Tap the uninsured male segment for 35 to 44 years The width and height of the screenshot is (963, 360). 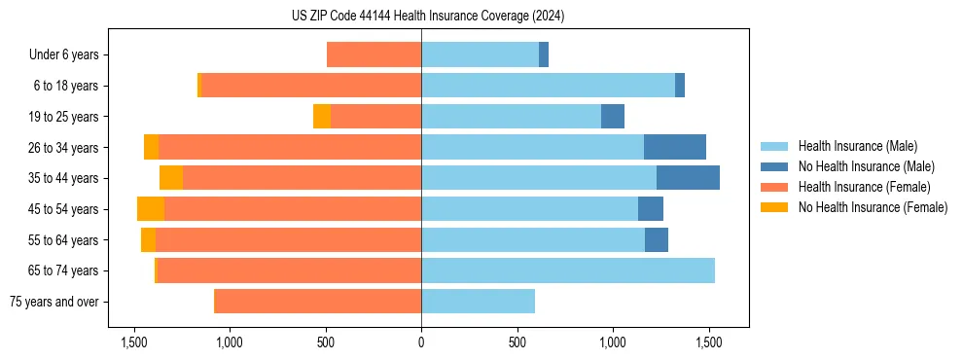(688, 178)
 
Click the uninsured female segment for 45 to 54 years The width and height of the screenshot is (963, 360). (151, 209)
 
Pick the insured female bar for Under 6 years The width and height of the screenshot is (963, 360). (374, 54)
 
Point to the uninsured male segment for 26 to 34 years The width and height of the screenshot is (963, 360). (674, 147)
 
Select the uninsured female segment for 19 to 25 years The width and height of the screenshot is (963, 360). (322, 117)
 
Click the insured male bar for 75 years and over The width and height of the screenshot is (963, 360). (478, 302)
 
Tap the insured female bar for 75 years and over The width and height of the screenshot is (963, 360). (318, 302)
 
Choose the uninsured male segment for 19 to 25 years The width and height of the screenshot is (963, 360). (613, 117)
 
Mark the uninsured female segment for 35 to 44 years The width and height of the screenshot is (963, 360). (171, 178)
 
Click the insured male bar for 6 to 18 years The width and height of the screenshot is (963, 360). (548, 86)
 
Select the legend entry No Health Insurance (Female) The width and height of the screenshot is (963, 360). (873, 207)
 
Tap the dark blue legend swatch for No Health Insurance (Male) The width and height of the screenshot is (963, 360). (774, 166)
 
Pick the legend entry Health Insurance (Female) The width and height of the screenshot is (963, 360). (861, 187)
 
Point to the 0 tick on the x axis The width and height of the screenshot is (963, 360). (421, 342)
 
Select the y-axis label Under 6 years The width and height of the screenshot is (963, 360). (64, 55)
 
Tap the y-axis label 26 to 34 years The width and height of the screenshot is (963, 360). (63, 148)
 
